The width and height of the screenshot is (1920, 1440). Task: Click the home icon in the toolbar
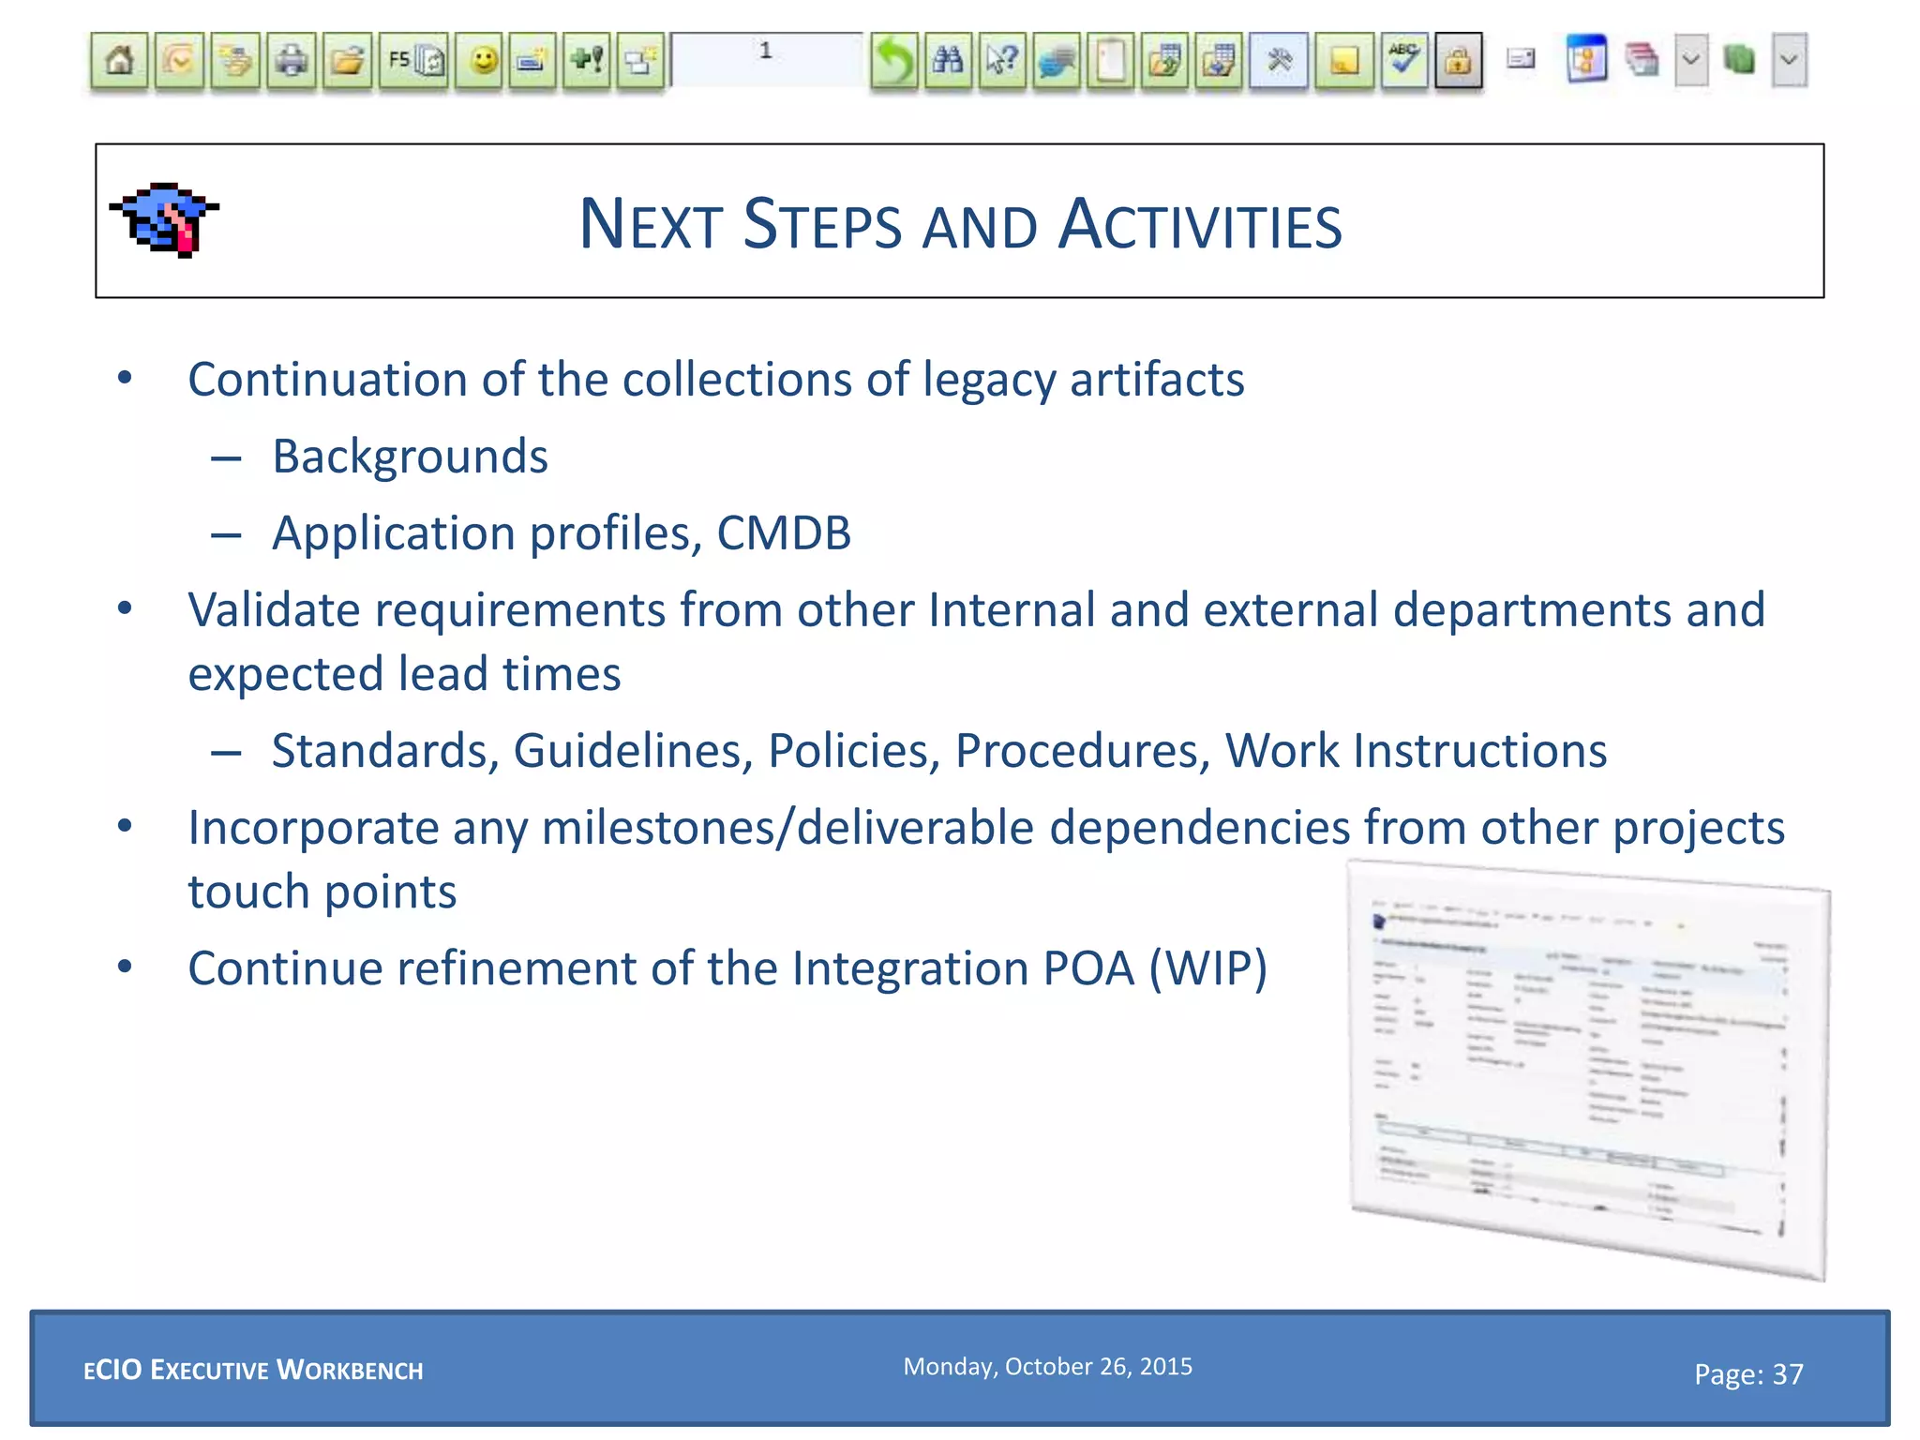coord(119,62)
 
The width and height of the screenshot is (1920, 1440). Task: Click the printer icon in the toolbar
coord(292,62)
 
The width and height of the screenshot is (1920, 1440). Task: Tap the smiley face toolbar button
coord(483,62)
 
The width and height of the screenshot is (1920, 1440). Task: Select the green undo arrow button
coord(893,62)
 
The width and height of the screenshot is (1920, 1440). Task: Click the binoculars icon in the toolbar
coord(948,62)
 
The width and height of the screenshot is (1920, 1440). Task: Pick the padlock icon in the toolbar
coord(1458,62)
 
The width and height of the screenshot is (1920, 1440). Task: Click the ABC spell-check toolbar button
coord(1403,60)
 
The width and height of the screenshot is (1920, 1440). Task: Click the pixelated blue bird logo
coord(165,219)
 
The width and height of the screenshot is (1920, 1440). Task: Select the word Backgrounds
coord(410,457)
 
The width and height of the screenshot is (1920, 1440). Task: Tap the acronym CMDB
coord(784,533)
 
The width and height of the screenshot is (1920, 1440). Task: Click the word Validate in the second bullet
coord(273,610)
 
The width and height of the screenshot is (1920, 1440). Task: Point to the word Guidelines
coord(633,751)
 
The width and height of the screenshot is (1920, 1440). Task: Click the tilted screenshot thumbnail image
coord(1588,1069)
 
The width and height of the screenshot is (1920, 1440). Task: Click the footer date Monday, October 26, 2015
coord(1047,1367)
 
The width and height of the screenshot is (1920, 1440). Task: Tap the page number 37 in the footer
coord(1787,1374)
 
